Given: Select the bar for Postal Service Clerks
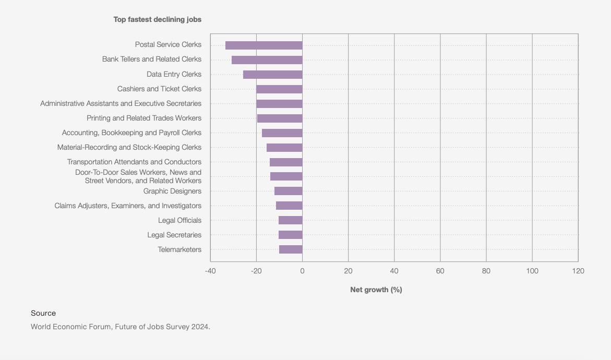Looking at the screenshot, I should (263, 45).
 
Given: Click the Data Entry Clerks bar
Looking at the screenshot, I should (272, 75).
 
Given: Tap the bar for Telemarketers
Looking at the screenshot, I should (291, 249).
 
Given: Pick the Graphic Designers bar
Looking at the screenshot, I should (288, 191).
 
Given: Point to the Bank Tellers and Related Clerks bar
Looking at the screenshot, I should (267, 60).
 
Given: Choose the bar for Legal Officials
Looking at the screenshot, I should (290, 220).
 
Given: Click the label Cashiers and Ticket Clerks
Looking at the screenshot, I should (159, 89).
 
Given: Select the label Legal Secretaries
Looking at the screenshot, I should (174, 235).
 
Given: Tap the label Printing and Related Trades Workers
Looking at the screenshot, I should (144, 118).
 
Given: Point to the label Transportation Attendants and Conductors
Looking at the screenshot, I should (134, 162).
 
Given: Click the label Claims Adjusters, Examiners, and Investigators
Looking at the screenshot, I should (128, 206).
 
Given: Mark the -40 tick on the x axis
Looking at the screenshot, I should (210, 271).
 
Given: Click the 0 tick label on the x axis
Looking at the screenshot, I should (302, 271).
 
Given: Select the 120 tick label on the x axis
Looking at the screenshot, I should (578, 271).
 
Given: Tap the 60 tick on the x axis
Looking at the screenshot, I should (440, 271).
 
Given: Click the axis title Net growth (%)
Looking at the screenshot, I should (376, 290).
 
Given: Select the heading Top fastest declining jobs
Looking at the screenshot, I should (158, 19).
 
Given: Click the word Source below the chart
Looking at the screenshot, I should (43, 313).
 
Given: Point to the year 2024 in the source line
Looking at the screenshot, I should (200, 327).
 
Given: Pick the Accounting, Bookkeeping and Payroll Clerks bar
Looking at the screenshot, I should (282, 133).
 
